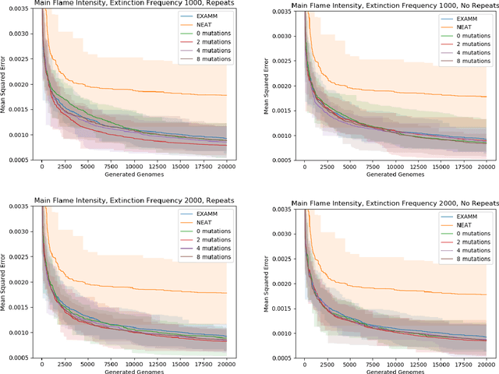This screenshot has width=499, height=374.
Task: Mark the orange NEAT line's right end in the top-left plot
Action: tap(226, 95)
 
